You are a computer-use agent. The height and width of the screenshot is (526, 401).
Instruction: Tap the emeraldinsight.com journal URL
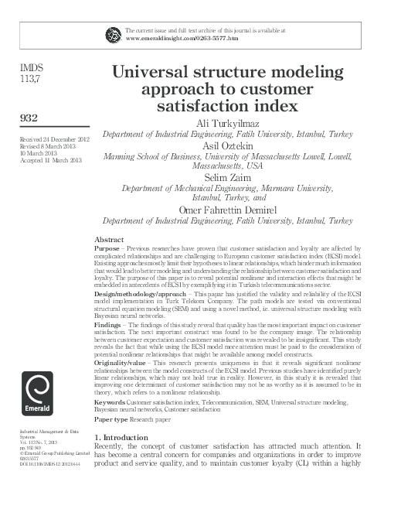click(181, 38)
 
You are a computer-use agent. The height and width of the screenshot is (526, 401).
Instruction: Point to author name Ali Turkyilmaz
click(223, 121)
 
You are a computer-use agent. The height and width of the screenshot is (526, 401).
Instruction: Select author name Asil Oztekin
click(223, 144)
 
